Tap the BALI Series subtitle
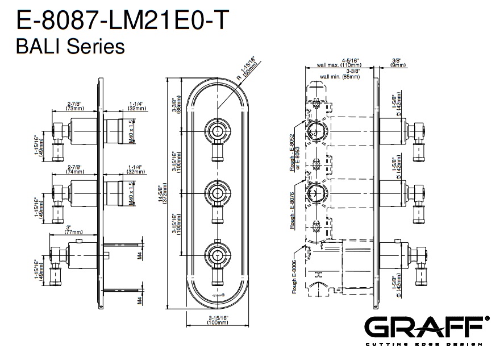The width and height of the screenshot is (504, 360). point(71,47)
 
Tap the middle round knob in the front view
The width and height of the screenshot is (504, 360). point(217,192)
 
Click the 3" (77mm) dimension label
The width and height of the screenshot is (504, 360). point(74,230)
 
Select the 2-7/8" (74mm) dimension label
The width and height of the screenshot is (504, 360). point(74,169)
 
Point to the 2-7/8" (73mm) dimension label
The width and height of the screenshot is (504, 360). point(74,106)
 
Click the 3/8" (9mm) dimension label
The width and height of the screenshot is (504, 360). point(398,63)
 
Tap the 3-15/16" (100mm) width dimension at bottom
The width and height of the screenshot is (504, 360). point(217,320)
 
